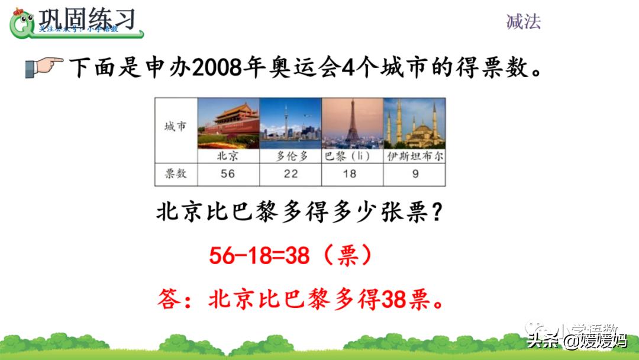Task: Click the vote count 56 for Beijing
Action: tap(228, 173)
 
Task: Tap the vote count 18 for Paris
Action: tap(350, 173)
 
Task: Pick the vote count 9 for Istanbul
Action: tap(415, 173)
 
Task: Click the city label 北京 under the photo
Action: tap(228, 156)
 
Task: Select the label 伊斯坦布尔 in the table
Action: tap(415, 156)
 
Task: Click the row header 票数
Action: tap(175, 173)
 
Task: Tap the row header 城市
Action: tap(175, 127)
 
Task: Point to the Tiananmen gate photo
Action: tap(228, 123)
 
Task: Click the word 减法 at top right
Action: tap(524, 22)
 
